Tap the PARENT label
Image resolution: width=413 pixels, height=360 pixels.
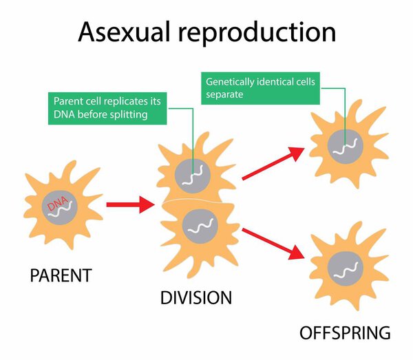[x=61, y=276]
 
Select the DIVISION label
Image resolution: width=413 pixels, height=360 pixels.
[x=195, y=298]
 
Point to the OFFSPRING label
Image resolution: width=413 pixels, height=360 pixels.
[x=345, y=334]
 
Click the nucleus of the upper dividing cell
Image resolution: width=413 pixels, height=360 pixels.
[x=194, y=171]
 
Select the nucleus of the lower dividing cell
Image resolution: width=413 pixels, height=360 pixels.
[x=200, y=224]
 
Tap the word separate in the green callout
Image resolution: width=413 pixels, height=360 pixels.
[x=225, y=94]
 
